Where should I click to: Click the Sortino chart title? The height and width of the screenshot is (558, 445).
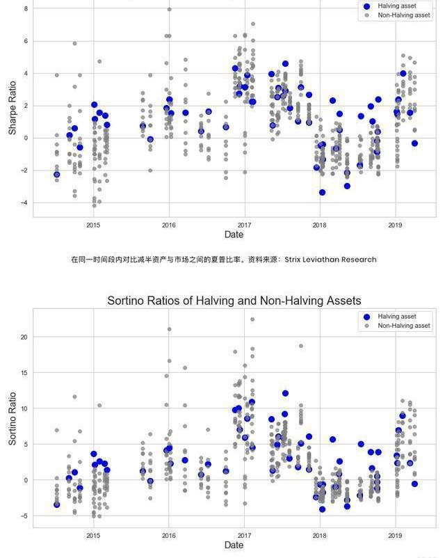click(x=234, y=301)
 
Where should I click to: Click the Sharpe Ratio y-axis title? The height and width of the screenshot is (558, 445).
click(x=13, y=110)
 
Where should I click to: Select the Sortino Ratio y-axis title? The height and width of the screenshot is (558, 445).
click(x=13, y=419)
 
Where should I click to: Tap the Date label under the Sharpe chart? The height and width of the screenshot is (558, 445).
click(x=234, y=234)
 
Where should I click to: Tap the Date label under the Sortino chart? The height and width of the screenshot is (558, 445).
click(x=234, y=545)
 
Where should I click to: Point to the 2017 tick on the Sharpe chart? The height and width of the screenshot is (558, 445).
click(x=244, y=225)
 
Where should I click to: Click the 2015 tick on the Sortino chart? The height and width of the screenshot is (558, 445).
click(x=93, y=535)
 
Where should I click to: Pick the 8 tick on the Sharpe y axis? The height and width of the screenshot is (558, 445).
click(x=26, y=8)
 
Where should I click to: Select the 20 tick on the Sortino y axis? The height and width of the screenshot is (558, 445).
click(x=24, y=337)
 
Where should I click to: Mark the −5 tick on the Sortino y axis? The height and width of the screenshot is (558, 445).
click(x=24, y=516)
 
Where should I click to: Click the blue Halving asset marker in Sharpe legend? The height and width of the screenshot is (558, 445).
click(x=367, y=6)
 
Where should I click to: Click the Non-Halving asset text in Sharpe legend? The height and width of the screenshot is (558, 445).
click(x=404, y=15)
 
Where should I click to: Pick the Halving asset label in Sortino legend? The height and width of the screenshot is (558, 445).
click(x=397, y=317)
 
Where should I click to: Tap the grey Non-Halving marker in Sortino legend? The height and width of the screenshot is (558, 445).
click(x=367, y=326)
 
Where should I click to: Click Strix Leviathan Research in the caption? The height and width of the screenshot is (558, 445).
click(x=330, y=260)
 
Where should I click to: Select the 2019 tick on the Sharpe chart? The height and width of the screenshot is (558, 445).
click(x=395, y=225)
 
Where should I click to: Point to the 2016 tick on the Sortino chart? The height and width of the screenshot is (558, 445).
click(x=169, y=535)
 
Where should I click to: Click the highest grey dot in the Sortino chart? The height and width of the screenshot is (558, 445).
click(x=252, y=320)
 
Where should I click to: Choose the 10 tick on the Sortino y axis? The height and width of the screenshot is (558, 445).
click(x=24, y=408)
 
